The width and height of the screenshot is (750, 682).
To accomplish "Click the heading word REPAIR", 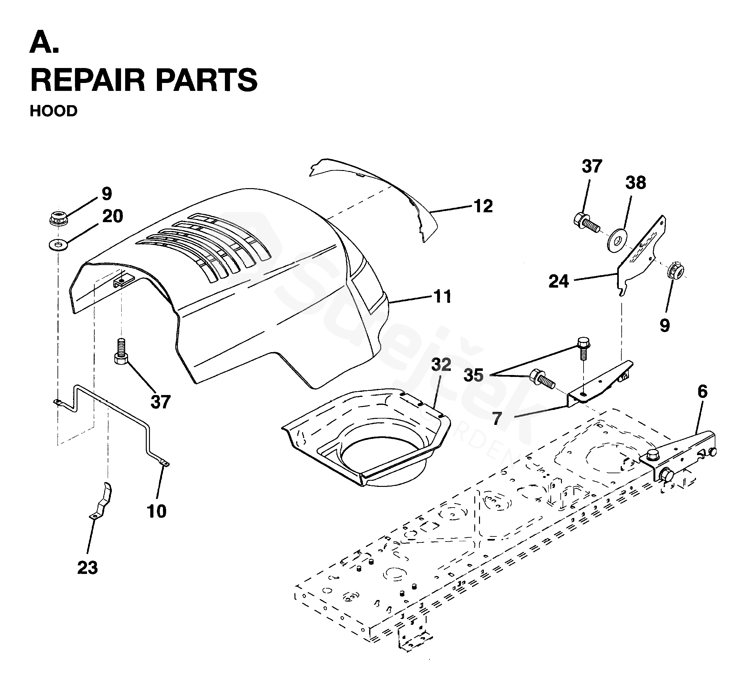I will click(x=87, y=80).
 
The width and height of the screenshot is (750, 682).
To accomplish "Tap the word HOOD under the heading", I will click(x=54, y=111).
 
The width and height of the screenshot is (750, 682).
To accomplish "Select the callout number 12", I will click(x=483, y=206).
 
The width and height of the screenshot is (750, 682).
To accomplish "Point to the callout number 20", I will click(x=112, y=216).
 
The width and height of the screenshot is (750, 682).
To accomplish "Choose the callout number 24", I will click(x=559, y=282).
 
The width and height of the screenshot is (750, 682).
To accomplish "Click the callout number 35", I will click(x=473, y=375).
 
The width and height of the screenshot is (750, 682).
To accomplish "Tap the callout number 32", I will click(x=441, y=365).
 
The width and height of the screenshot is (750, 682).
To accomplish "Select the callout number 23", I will click(x=87, y=568).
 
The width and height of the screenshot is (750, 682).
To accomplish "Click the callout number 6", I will click(x=702, y=391).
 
